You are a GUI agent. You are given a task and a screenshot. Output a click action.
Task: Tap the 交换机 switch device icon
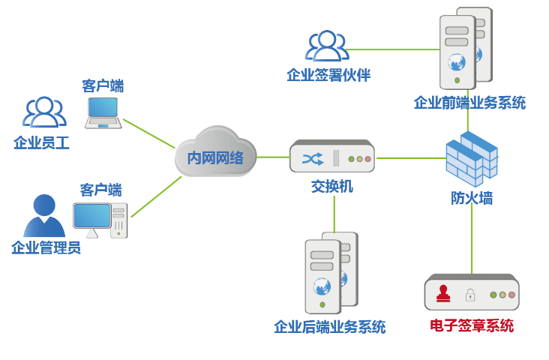331,157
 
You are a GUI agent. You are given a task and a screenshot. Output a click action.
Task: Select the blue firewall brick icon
472,159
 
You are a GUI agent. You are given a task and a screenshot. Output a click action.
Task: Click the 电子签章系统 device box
472,293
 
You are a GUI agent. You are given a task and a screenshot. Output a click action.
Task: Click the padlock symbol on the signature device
470,295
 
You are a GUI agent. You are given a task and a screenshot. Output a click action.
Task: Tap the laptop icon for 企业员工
103,112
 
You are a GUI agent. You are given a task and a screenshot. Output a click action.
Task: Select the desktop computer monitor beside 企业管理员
92,217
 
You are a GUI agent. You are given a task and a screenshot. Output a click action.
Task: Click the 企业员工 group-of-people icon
43,112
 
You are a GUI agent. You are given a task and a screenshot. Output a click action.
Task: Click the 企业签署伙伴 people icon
327,46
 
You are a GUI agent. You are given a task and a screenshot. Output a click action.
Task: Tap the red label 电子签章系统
472,326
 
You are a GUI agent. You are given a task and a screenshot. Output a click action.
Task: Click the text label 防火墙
472,198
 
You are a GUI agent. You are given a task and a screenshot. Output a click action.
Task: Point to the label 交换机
331,186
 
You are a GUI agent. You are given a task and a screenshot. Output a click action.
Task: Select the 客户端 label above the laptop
103,85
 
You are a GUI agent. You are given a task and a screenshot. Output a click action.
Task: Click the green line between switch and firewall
411,158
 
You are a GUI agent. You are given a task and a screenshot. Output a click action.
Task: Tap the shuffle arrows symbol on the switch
313,159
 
